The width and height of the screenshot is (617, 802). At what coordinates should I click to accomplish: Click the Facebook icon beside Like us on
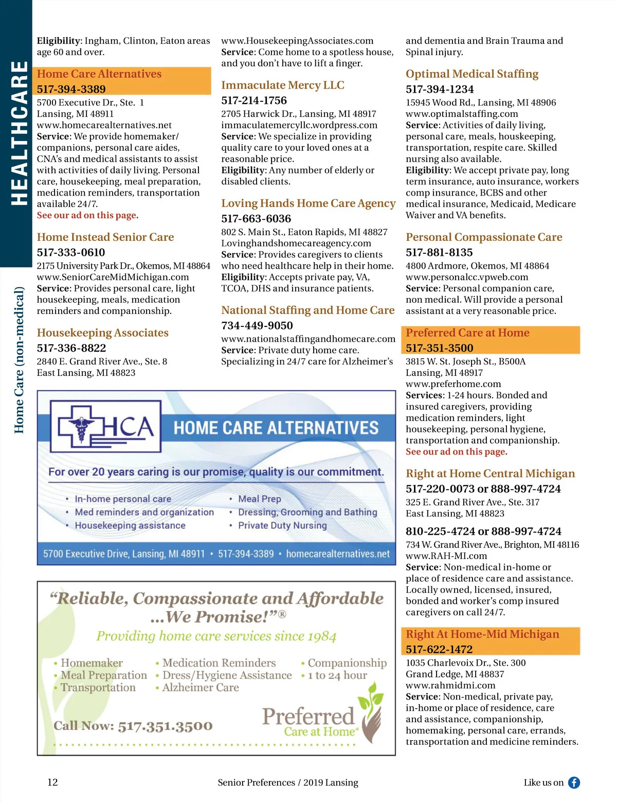(574, 782)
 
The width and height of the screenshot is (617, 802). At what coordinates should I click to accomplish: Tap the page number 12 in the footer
(52, 782)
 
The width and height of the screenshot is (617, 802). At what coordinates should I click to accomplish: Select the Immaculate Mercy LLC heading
(283, 85)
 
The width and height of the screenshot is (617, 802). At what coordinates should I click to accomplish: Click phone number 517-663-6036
(256, 219)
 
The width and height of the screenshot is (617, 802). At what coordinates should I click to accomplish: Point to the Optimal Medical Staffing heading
(472, 74)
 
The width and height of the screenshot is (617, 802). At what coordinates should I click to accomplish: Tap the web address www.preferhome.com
(453, 384)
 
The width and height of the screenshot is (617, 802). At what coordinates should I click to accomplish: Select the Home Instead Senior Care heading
(105, 237)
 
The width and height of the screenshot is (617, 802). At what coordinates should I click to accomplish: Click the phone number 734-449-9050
(257, 326)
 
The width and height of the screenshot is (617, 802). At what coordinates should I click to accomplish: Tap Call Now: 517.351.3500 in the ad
(133, 726)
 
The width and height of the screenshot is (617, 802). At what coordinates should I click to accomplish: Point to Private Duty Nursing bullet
(282, 526)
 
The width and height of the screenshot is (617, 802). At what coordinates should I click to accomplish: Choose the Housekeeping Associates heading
(103, 333)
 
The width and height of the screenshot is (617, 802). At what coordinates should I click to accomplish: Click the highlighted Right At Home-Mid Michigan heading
(482, 634)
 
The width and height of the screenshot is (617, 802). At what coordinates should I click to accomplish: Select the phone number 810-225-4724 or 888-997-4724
(483, 531)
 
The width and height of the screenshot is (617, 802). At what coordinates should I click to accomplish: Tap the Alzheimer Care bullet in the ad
(201, 688)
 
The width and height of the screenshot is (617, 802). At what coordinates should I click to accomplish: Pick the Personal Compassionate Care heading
(484, 237)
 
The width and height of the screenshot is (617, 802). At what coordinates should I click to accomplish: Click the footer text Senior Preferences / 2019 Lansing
(288, 782)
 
